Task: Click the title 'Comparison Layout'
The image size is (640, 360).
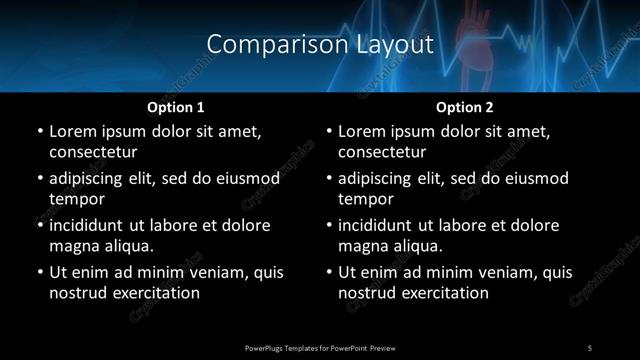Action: pos(320,44)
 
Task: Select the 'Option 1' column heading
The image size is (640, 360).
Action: pos(176,107)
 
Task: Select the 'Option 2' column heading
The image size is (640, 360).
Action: pos(465,107)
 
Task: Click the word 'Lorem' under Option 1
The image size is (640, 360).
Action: pos(73,132)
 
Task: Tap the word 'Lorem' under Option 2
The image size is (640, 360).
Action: pos(362,132)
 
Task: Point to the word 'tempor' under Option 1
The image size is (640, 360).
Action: pos(77,200)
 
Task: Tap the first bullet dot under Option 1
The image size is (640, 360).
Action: pos(40,132)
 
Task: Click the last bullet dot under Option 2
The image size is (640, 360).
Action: pos(329,273)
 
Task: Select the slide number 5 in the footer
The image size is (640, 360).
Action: pos(590,347)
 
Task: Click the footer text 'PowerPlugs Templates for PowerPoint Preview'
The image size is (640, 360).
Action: pos(320,347)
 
